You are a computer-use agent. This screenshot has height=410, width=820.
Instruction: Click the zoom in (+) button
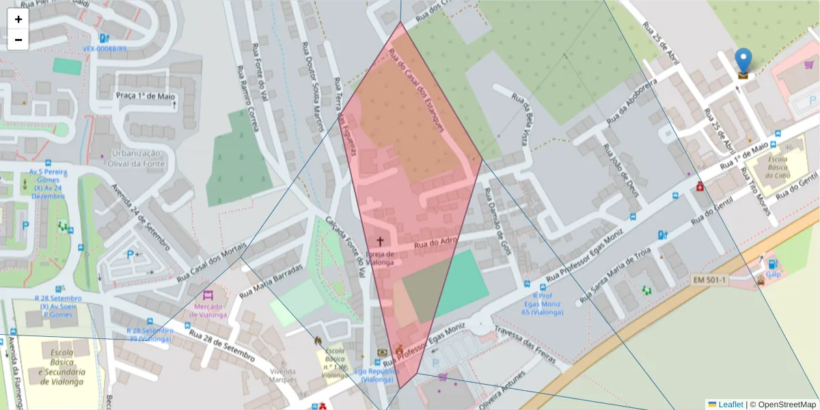pyautogui.click(x=18, y=19)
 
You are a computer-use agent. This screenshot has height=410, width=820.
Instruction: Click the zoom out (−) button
pyautogui.click(x=18, y=40)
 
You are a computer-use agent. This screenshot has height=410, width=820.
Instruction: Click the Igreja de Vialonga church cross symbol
pyautogui.click(x=380, y=241)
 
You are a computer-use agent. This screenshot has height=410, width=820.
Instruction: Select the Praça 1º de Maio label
pyautogui.click(x=146, y=96)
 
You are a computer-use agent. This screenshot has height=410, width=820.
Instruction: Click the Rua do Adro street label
pyautogui.click(x=435, y=242)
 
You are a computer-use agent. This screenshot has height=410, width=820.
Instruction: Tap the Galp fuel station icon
pyautogui.click(x=772, y=263)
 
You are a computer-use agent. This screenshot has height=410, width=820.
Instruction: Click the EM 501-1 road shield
pyautogui.click(x=710, y=279)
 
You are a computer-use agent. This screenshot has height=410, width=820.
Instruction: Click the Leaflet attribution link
pyautogui.click(x=730, y=405)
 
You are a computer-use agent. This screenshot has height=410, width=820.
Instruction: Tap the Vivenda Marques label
pyautogui.click(x=282, y=375)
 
